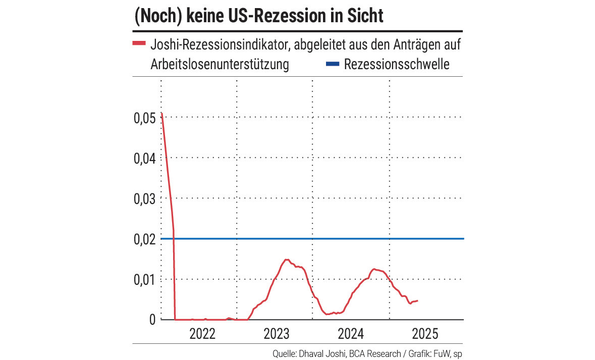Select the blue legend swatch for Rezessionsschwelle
point(332,65)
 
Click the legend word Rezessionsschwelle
point(396,65)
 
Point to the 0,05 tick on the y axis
point(145,118)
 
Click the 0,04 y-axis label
point(145,159)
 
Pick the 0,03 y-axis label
point(145,199)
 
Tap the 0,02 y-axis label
point(145,239)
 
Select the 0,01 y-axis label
point(145,280)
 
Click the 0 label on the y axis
point(152,320)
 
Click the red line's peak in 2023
point(286,260)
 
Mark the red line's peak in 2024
point(374,269)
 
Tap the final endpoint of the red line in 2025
point(417,300)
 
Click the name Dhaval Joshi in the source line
point(323,353)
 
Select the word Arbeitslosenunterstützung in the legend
point(220,65)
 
